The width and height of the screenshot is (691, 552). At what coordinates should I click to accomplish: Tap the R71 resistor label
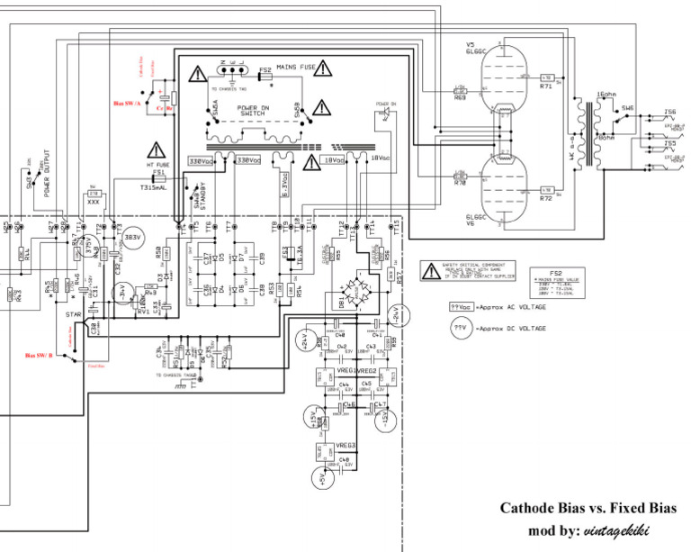click(546, 87)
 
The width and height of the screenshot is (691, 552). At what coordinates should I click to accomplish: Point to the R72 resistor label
click(546, 198)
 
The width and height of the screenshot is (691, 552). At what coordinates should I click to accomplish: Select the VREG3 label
click(346, 446)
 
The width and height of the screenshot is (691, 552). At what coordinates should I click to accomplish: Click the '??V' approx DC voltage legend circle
click(462, 328)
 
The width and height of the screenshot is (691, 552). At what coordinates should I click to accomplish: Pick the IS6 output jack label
click(669, 113)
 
